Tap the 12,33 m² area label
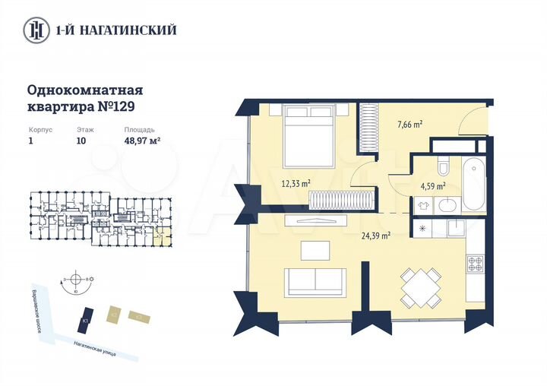(x=296, y=182)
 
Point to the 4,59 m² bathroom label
(x=433, y=185)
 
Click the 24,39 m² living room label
(x=375, y=236)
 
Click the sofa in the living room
(x=316, y=282)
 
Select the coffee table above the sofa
(x=315, y=250)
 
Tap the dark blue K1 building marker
(x=88, y=318)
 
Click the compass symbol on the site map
(x=74, y=279)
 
